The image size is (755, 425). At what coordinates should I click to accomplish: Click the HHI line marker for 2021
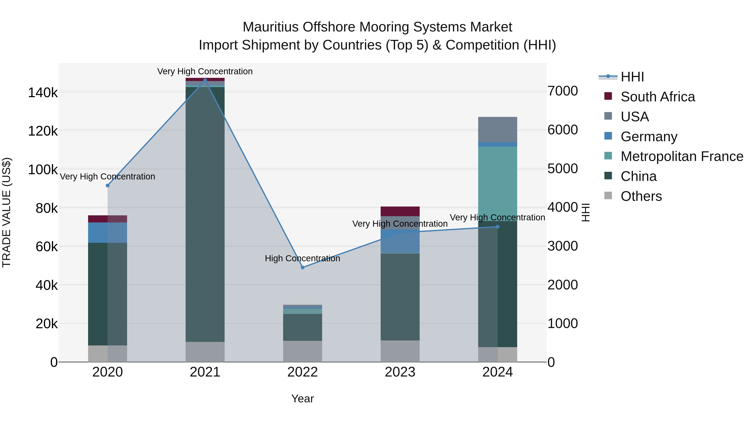[205, 80]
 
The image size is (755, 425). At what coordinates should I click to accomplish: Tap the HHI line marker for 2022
[302, 267]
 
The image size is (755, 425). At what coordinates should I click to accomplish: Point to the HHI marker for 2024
[497, 227]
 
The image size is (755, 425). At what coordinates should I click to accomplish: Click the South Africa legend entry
[657, 97]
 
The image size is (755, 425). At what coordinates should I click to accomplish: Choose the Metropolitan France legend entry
[682, 156]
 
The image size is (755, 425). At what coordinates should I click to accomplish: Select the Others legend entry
[641, 196]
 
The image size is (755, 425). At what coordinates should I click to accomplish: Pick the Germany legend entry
[649, 137]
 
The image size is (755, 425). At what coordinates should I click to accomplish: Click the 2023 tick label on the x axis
[400, 372]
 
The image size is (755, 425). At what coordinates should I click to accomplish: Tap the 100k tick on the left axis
[43, 170]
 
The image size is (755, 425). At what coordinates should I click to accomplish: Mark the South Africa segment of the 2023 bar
[400, 211]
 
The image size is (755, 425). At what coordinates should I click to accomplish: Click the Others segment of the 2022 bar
[302, 351]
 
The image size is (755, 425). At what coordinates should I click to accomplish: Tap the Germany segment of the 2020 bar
[108, 232]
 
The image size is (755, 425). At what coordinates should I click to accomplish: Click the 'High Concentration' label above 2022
[302, 258]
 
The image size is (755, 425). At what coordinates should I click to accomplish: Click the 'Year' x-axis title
[302, 399]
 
